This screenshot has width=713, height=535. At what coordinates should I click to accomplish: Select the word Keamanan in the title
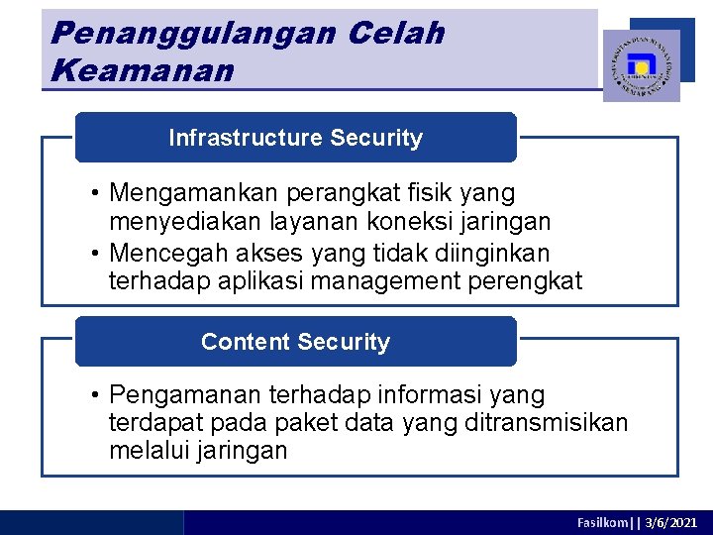point(142,71)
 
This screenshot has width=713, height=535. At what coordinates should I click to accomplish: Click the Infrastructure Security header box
point(296,138)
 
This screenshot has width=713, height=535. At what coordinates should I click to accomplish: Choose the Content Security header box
point(296,342)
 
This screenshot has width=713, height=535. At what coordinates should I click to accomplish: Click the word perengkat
point(533,282)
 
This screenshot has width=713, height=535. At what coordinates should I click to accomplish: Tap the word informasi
point(445,395)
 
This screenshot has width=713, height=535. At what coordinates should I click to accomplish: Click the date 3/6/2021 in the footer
point(671,522)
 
